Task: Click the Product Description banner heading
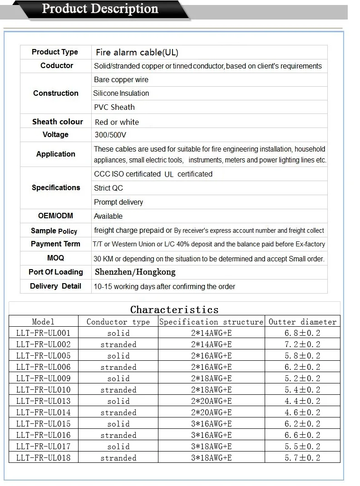click(100, 9)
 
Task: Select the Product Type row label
click(55, 52)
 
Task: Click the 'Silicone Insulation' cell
click(121, 93)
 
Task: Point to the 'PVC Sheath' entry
click(114, 107)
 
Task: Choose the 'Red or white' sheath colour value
click(117, 122)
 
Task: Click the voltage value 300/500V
click(110, 135)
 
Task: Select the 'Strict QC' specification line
click(108, 188)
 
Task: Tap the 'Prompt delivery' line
click(118, 202)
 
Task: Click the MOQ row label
click(55, 258)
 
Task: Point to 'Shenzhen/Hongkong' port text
click(135, 272)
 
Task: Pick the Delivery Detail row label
click(55, 286)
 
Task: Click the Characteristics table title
click(174, 309)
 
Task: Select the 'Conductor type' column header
click(118, 322)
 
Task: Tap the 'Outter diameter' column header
click(302, 322)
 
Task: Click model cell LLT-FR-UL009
click(44, 378)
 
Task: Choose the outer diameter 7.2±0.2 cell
click(302, 344)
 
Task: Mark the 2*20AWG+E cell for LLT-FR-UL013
click(212, 401)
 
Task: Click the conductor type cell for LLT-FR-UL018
click(118, 458)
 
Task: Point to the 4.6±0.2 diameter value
click(302, 412)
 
